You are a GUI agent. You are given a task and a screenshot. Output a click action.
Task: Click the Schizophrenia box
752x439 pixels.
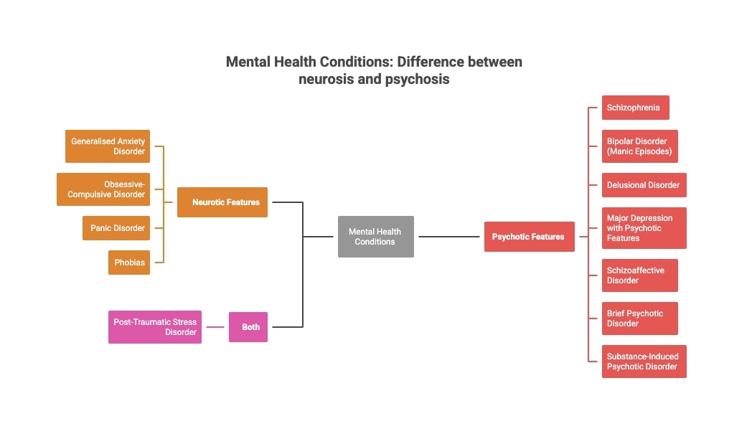(635, 108)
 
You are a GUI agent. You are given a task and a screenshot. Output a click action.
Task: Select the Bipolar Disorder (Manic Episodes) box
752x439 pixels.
(639, 146)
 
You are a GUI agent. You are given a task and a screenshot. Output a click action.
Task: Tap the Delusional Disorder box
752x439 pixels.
(644, 185)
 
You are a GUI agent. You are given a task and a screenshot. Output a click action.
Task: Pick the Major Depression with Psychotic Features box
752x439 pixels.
(644, 228)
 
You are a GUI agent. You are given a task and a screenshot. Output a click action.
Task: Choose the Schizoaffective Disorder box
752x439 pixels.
(639, 275)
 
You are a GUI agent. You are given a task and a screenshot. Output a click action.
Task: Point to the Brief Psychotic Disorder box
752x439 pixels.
(639, 318)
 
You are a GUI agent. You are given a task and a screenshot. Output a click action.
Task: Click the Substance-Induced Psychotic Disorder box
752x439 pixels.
(644, 362)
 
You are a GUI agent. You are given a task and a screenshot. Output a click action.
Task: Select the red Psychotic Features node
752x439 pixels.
(529, 237)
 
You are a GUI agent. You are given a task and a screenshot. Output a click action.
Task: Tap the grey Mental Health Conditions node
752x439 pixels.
(375, 237)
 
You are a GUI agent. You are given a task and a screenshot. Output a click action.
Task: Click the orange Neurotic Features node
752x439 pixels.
(222, 202)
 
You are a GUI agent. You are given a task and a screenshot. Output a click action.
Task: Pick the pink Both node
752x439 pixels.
(248, 327)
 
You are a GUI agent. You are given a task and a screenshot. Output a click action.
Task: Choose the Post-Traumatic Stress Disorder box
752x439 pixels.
(154, 327)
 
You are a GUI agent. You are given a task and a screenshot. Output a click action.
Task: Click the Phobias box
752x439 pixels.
(129, 263)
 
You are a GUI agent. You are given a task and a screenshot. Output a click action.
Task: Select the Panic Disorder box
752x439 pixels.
(116, 228)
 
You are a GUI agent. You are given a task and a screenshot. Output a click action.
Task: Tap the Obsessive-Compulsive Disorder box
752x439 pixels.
(103, 189)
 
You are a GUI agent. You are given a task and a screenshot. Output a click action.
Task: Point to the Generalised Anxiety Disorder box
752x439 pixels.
(108, 146)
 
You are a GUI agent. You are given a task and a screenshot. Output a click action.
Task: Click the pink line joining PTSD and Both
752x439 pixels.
(215, 327)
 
